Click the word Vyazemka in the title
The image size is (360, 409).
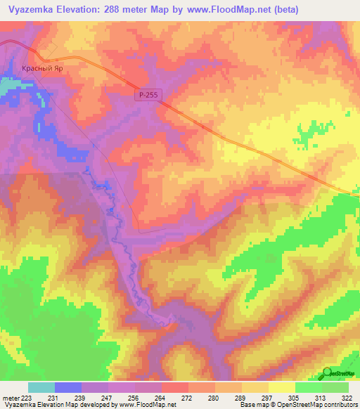pos(29,10)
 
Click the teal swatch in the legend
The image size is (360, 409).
pos(41,387)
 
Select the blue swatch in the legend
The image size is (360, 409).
pos(68,387)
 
